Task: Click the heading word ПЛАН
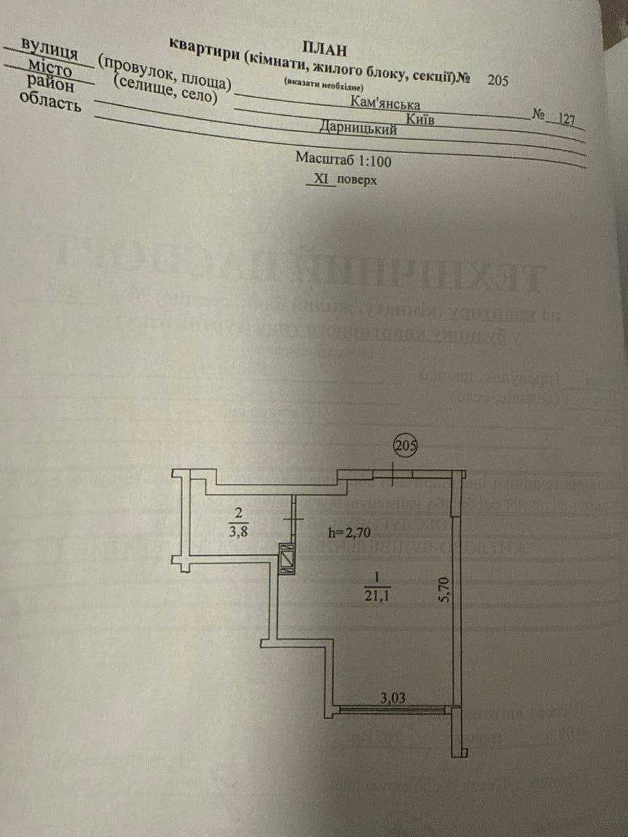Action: coord(325,47)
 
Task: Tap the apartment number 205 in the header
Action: coord(497,80)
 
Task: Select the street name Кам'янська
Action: coord(385,103)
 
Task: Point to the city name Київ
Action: coord(421,118)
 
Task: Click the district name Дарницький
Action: coord(358,128)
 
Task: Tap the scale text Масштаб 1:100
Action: coord(343,158)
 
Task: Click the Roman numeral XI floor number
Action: coord(321,178)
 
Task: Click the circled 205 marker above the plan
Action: coord(406,447)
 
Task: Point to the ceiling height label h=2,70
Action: coord(349,532)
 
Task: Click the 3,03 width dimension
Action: coord(393,698)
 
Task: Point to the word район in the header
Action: coord(51,82)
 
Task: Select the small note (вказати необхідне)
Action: coord(323,85)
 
